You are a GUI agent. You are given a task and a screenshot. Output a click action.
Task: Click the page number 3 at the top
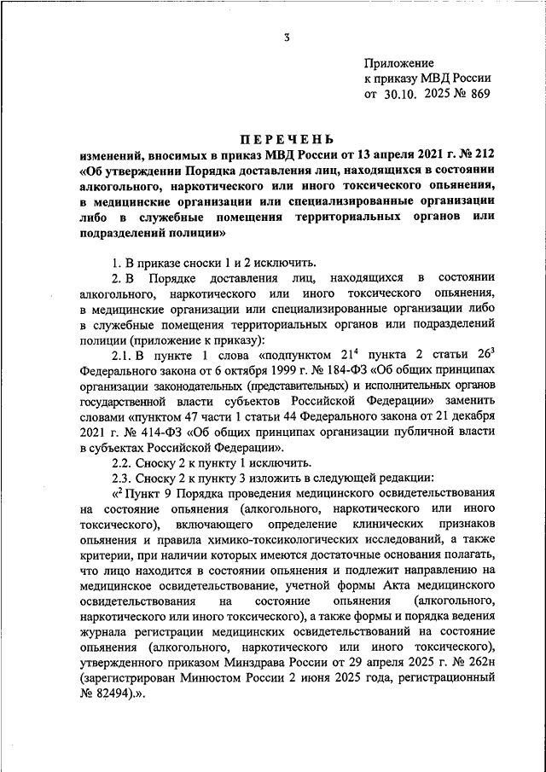288,37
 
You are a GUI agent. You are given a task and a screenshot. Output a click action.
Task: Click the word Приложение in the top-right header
399,63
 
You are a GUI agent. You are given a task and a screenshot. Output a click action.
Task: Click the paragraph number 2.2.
125,462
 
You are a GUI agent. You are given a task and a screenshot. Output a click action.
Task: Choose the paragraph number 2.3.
125,478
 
